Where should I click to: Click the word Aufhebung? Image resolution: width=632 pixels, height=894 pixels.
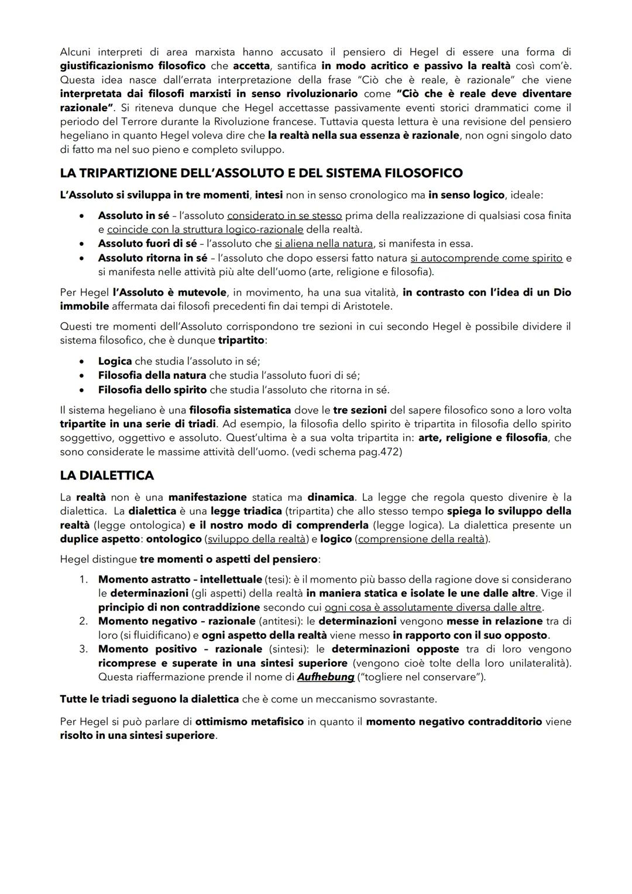point(326,677)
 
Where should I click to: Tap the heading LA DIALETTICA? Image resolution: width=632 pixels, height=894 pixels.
point(107,475)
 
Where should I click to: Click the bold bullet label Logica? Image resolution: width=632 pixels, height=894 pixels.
point(115,361)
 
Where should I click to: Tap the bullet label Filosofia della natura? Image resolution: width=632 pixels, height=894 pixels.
point(152,375)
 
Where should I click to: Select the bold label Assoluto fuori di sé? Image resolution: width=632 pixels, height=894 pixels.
point(147,244)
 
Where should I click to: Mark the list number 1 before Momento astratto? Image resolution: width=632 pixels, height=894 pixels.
point(84,580)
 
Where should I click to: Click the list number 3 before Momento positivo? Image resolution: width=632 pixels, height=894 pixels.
point(84,649)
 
